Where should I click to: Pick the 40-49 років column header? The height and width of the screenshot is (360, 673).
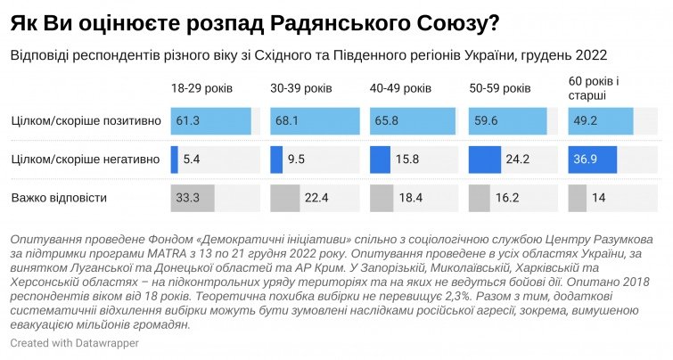[x=400, y=90]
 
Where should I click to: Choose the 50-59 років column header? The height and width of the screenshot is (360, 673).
[x=500, y=90]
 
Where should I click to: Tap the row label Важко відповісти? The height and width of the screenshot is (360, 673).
[x=55, y=197]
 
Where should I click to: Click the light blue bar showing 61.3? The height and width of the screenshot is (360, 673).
[x=211, y=121]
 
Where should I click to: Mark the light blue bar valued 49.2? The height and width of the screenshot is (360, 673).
[x=600, y=121]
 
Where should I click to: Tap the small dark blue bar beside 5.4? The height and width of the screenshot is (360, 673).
[x=175, y=160]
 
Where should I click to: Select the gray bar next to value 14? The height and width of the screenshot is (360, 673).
[x=577, y=197]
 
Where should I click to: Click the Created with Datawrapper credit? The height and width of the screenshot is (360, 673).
[x=63, y=343]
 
